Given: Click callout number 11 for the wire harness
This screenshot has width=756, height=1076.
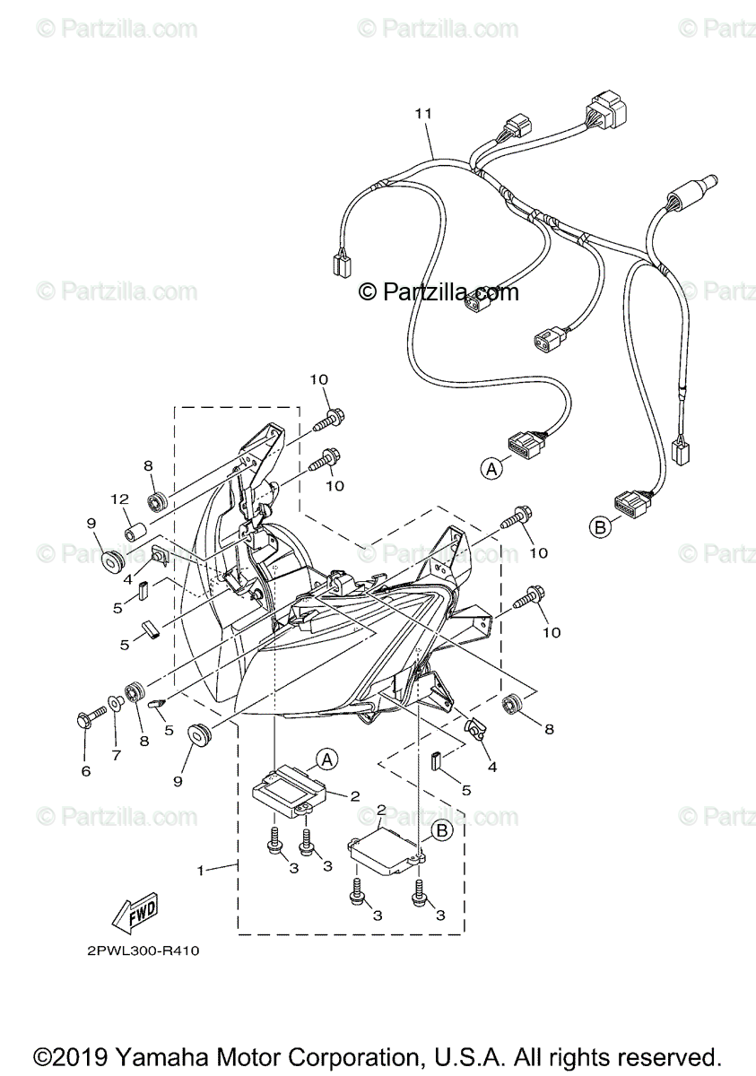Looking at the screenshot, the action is pyautogui.click(x=423, y=114).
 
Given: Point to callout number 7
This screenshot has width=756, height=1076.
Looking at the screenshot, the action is pyautogui.click(x=116, y=755).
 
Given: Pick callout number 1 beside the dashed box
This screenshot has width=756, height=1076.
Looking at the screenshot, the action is pyautogui.click(x=202, y=870).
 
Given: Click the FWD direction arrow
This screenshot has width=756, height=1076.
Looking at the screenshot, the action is pyautogui.click(x=135, y=911).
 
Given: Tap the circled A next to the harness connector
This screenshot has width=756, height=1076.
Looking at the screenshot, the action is pyautogui.click(x=490, y=467).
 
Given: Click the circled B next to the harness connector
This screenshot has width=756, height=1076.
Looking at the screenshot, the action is pyautogui.click(x=601, y=527).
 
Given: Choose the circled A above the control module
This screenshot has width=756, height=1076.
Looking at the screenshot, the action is pyautogui.click(x=327, y=759).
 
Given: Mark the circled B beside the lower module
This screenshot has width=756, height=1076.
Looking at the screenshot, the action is pyautogui.click(x=441, y=830).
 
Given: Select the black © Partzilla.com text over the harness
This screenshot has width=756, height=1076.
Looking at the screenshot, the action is pyautogui.click(x=439, y=291).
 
